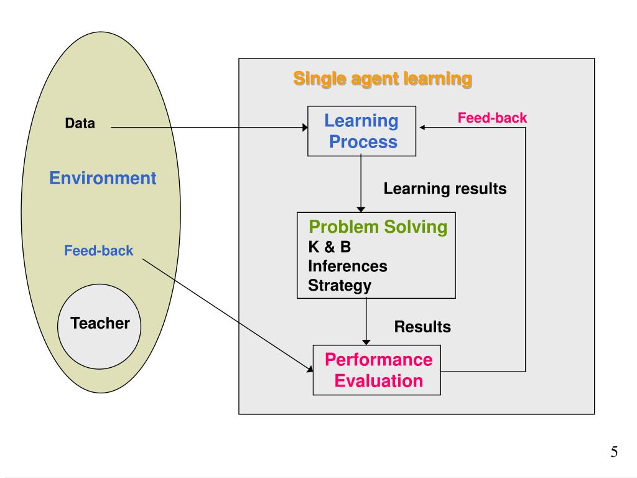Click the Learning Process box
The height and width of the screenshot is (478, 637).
click(362, 131)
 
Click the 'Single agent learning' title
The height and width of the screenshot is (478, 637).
click(382, 79)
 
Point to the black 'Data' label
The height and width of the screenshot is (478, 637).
click(80, 123)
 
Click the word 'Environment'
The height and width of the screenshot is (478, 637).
click(103, 179)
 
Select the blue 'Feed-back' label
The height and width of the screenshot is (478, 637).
click(99, 251)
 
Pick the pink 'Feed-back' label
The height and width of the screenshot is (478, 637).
click(492, 118)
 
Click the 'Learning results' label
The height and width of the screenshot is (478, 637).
click(445, 188)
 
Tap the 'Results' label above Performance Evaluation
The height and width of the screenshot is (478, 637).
click(422, 326)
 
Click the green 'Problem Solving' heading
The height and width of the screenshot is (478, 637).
click(378, 227)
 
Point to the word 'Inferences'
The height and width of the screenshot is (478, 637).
click(348, 266)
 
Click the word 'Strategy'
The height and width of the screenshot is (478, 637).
click(340, 286)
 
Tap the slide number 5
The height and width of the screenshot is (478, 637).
click(614, 452)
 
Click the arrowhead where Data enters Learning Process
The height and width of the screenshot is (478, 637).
click(305, 128)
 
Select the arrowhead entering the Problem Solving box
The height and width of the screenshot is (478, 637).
click(361, 209)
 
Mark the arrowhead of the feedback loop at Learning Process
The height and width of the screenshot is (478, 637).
click(423, 128)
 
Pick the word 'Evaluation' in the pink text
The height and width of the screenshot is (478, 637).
click(379, 380)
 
